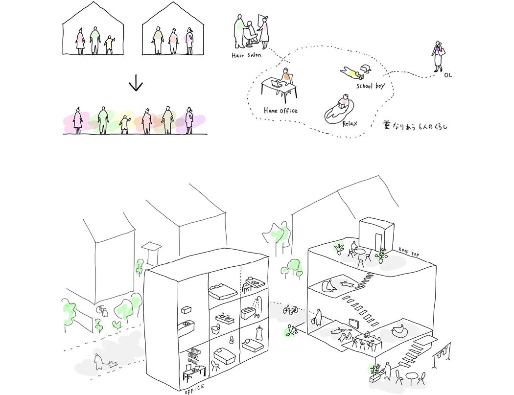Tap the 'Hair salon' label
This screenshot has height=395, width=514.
pyautogui.click(x=247, y=55)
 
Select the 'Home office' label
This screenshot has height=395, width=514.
pyautogui.click(x=280, y=111)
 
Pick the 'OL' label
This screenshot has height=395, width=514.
pyautogui.click(x=448, y=76)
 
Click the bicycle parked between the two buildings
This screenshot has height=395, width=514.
pyautogui.click(x=290, y=309)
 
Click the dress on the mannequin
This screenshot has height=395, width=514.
pyautogui.click(x=260, y=334)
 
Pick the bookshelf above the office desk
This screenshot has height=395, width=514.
pyautogui.click(x=194, y=352)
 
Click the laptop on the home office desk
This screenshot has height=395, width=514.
pyautogui.click(x=278, y=85)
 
